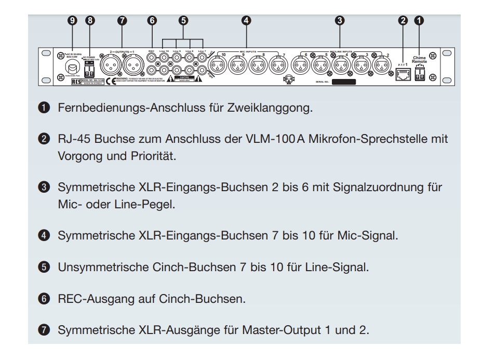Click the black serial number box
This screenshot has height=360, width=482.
tap(344, 82)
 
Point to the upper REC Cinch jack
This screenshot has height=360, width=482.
tap(152, 58)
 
